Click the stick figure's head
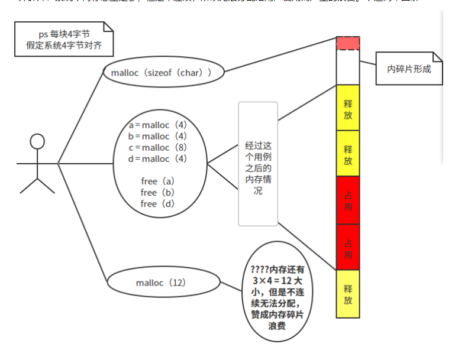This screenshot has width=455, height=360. click(x=37, y=141)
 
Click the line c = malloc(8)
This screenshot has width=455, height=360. click(x=158, y=147)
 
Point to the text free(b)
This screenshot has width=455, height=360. click(x=157, y=192)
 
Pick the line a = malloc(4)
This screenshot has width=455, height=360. click(x=158, y=125)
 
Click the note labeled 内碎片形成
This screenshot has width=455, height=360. click(x=409, y=69)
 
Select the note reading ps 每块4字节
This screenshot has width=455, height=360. click(x=64, y=39)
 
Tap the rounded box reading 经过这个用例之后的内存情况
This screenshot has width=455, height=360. click(x=258, y=164)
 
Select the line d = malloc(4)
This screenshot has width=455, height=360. click(x=158, y=158)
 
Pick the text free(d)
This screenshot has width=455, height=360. click(x=157, y=203)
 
